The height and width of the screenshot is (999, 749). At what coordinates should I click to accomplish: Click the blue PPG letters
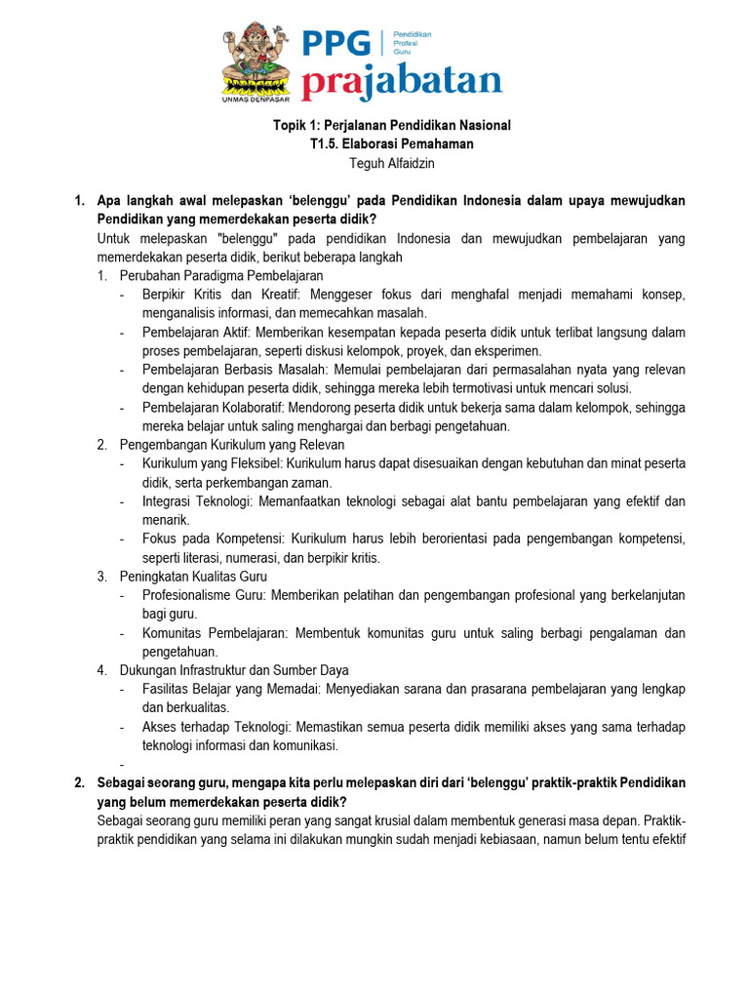336,44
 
